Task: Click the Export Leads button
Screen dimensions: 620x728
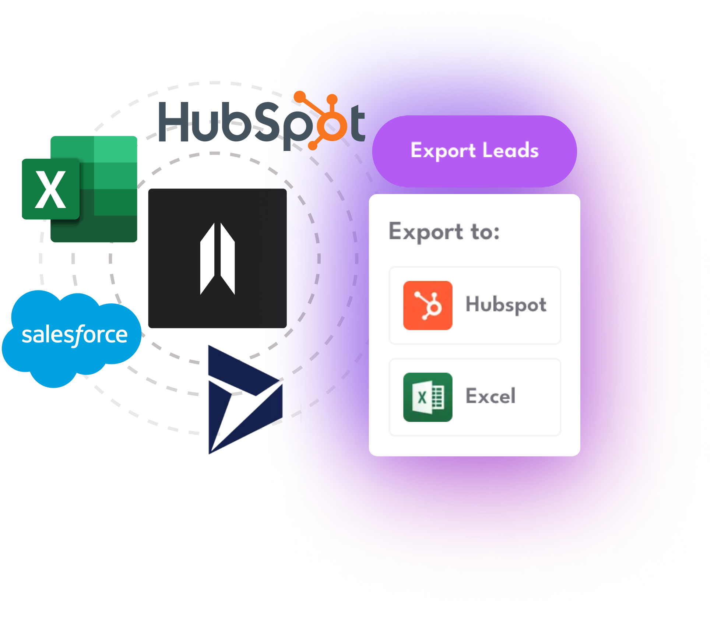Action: click(474, 151)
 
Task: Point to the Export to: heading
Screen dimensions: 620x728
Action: click(444, 232)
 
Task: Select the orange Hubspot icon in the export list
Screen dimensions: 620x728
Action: click(428, 306)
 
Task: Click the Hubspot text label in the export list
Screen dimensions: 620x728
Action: click(506, 305)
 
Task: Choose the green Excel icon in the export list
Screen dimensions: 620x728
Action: click(428, 397)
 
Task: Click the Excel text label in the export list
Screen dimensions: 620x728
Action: click(490, 396)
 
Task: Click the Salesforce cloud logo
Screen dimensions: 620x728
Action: click(72, 337)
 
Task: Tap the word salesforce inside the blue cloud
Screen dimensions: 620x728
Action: click(74, 335)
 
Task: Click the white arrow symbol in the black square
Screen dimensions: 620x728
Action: click(217, 258)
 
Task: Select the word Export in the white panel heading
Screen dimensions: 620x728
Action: click(426, 232)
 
